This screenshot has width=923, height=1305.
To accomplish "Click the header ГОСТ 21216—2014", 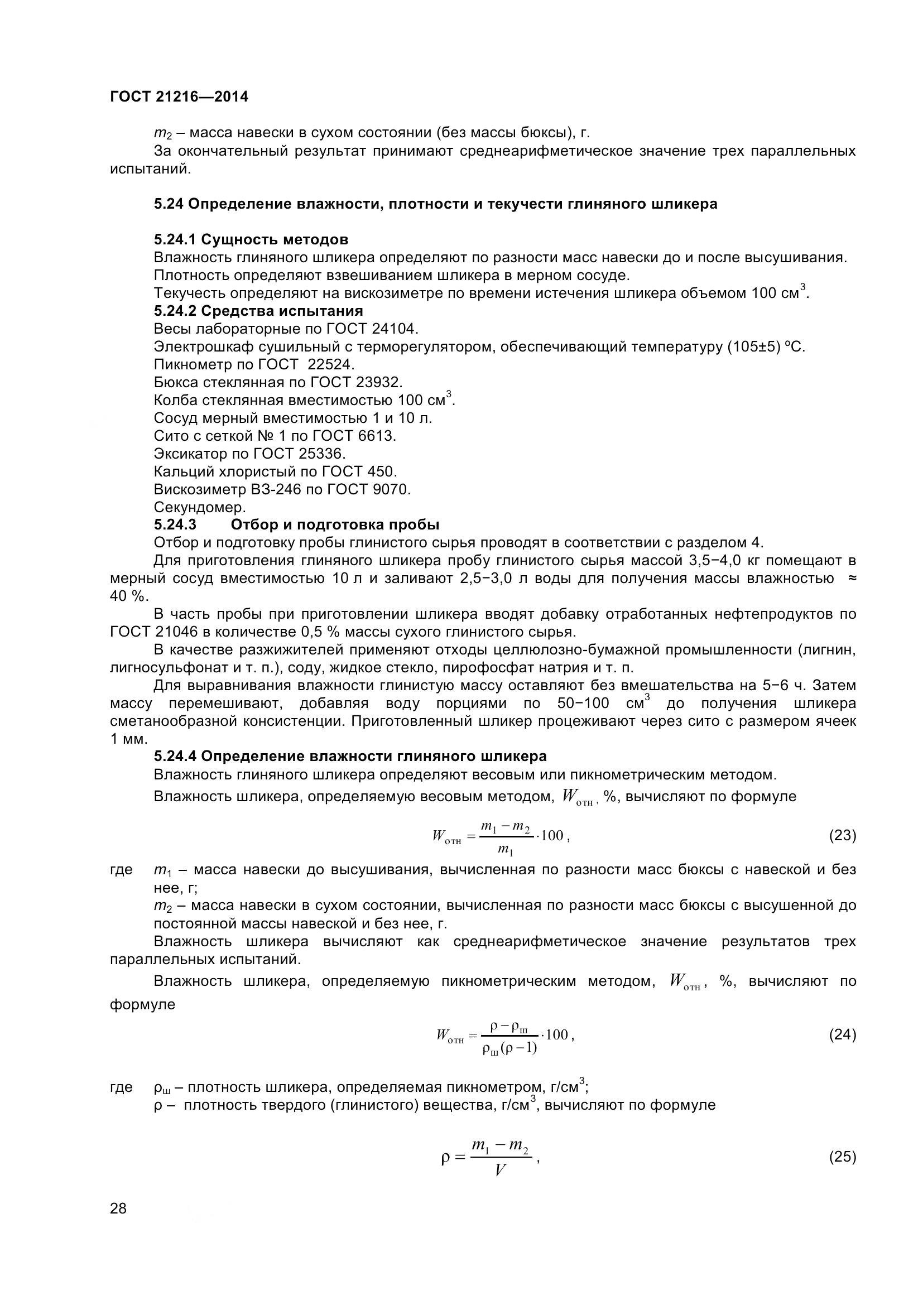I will click(179, 97).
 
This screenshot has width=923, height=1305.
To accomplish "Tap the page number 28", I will click(118, 1208).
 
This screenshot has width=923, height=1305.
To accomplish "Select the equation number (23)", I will click(842, 835).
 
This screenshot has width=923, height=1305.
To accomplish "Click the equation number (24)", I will click(842, 1034).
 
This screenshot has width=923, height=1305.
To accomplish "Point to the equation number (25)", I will click(842, 1157).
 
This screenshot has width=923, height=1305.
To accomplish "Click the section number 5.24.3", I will click(175, 524).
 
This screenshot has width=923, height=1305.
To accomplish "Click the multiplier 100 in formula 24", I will click(557, 1034).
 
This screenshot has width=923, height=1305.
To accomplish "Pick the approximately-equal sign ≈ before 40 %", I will click(852, 579).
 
